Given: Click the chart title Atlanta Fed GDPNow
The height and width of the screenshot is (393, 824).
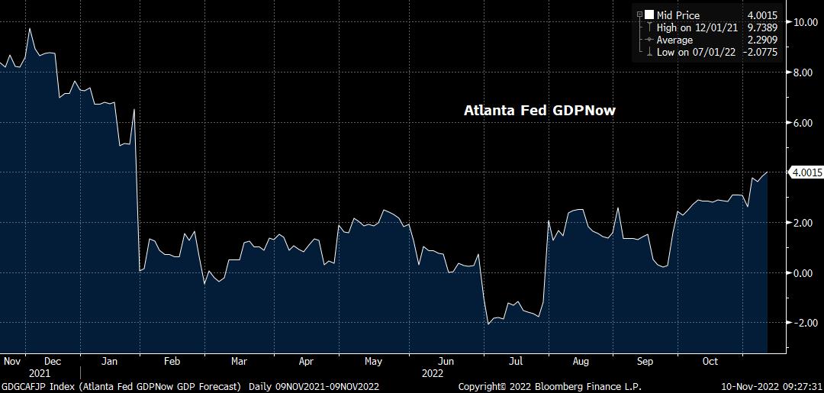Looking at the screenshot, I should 539,111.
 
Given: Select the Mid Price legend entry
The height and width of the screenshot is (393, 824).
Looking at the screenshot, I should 678,14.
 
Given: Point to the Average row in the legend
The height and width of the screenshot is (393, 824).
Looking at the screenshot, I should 674,40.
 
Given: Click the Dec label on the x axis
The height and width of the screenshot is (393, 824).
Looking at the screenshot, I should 53,361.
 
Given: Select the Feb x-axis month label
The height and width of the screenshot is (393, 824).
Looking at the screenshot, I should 172,361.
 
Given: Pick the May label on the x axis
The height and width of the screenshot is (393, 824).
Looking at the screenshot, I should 373,361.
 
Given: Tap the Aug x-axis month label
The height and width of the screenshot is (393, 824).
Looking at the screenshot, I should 580,361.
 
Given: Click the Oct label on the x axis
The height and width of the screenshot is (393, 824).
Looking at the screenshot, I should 711,361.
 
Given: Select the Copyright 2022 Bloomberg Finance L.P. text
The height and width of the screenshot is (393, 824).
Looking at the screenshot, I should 549,387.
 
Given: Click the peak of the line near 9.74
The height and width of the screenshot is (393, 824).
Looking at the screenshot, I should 29,28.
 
